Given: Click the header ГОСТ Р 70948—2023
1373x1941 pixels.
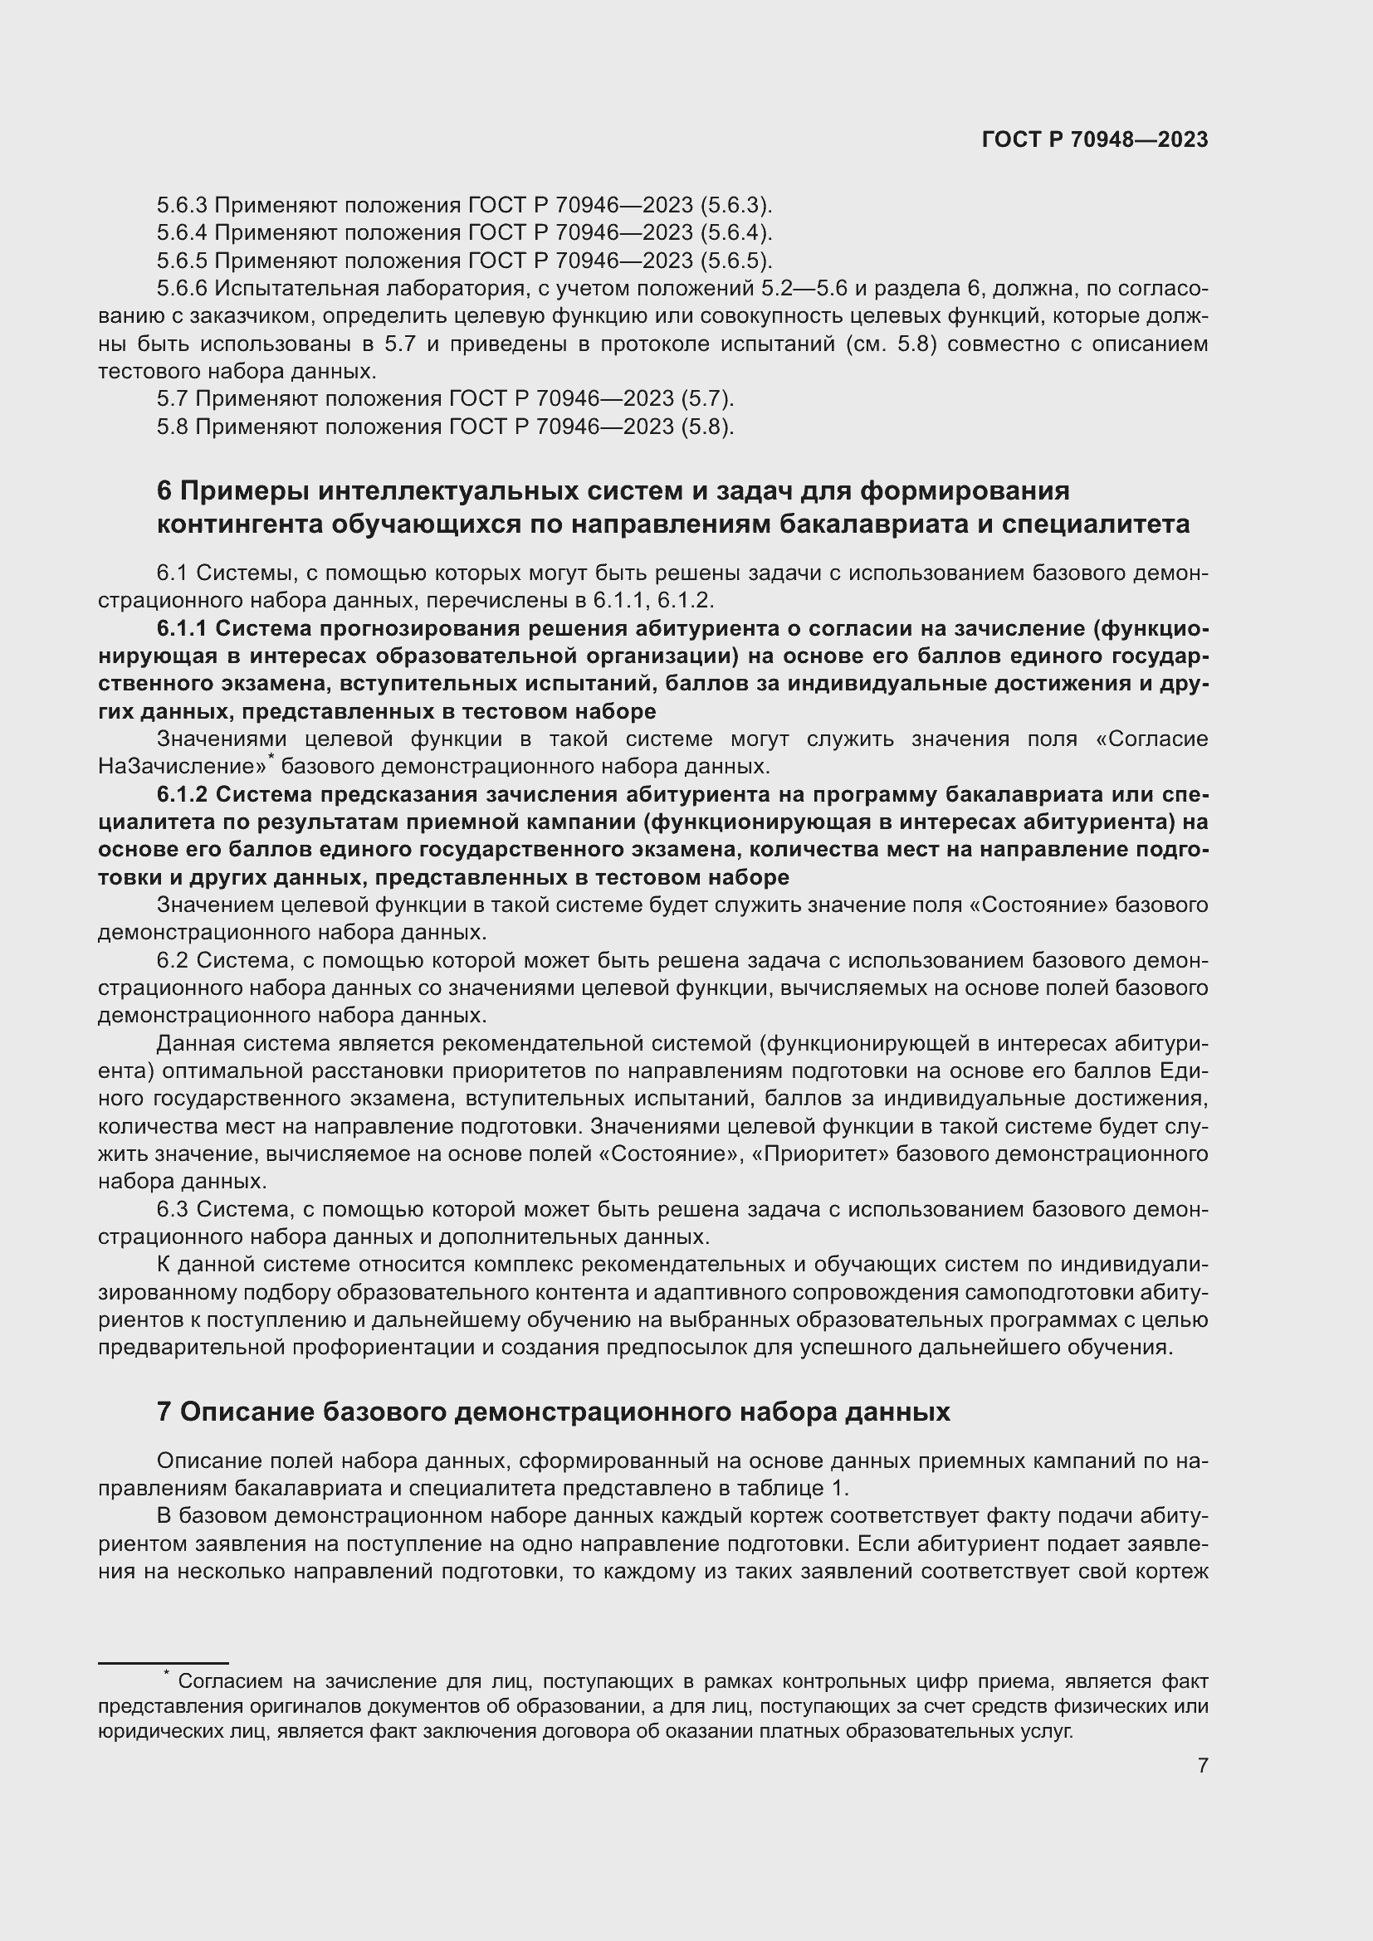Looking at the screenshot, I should coord(1094,140).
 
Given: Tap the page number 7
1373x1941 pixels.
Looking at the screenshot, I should coord(1202,1765).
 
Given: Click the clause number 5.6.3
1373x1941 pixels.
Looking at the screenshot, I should coord(182,206).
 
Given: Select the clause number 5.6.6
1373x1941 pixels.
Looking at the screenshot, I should coord(182,289).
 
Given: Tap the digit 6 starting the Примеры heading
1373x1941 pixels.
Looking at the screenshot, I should coord(164,491).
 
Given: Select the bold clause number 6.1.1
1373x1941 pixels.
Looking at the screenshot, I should coord(182,629).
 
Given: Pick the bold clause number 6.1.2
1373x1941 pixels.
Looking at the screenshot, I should coord(182,795).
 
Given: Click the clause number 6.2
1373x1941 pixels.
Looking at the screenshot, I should coord(173,960).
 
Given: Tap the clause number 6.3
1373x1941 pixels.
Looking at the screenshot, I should coord(173,1210).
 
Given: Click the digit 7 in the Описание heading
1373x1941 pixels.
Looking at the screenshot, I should coord(164,1412).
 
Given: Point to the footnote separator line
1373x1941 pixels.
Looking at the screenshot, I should coord(164,1664).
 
